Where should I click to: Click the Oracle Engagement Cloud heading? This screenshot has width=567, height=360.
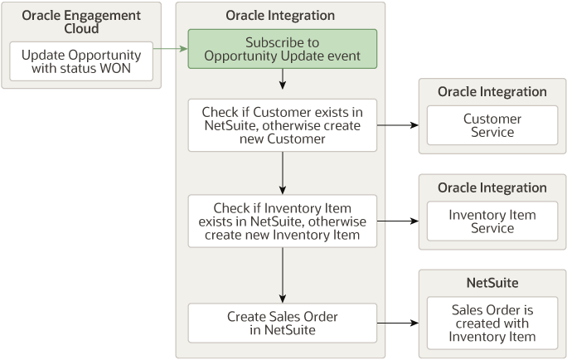click(81, 22)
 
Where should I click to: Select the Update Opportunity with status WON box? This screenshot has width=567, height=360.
click(81, 61)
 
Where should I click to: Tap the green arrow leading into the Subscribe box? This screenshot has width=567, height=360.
click(171, 49)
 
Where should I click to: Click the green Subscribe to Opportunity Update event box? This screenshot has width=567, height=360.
click(282, 49)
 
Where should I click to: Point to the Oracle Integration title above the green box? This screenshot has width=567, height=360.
click(280, 16)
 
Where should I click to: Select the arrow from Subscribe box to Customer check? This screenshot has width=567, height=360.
click(283, 79)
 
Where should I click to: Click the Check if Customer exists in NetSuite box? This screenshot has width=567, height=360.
click(282, 125)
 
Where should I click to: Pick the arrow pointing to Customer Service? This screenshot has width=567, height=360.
click(398, 125)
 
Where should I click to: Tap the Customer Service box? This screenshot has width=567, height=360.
click(492, 125)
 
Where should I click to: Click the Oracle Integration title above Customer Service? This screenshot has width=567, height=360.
click(492, 91)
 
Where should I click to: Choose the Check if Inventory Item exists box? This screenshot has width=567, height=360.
click(282, 221)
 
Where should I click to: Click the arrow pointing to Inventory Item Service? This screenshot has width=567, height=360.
click(398, 221)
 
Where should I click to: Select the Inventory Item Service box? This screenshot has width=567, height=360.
click(492, 221)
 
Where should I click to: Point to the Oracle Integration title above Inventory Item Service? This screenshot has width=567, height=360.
click(492, 187)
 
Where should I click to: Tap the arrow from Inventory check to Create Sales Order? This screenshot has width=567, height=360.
click(283, 275)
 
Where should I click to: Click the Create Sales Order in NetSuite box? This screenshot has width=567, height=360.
click(282, 323)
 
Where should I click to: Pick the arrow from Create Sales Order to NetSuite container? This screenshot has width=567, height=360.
click(398, 323)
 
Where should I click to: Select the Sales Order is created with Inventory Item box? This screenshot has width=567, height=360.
click(492, 323)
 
